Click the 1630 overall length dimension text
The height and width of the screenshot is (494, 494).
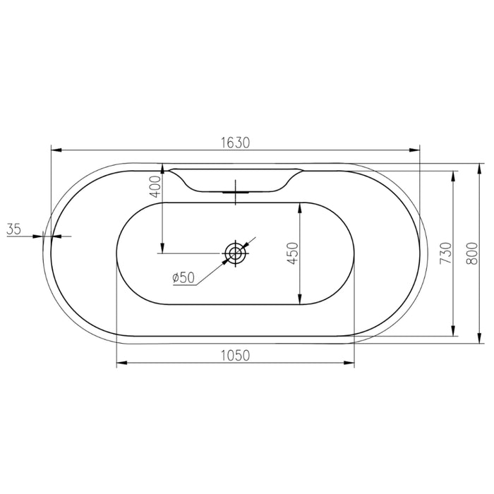pyautogui.click(x=236, y=142)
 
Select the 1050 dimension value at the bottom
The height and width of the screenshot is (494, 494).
pyautogui.click(x=236, y=355)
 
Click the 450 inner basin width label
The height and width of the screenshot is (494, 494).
pyautogui.click(x=294, y=253)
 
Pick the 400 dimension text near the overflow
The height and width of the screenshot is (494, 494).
pyautogui.click(x=156, y=186)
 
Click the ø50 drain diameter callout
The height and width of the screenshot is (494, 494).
pyautogui.click(x=183, y=277)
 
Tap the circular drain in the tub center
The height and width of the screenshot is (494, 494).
pyautogui.click(x=236, y=253)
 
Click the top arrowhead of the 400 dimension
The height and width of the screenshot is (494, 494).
pyautogui.click(x=163, y=174)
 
